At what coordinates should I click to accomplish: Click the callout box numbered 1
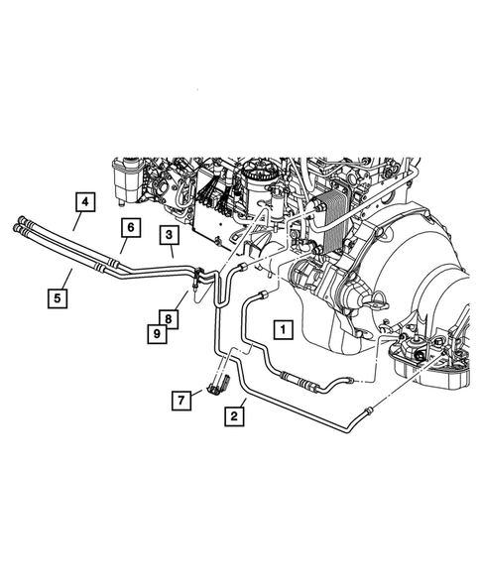pyautogui.click(x=283, y=328)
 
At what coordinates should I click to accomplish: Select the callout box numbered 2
pyautogui.click(x=234, y=416)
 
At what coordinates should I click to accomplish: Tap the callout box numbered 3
pyautogui.click(x=170, y=236)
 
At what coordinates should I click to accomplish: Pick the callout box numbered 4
pyautogui.click(x=86, y=203)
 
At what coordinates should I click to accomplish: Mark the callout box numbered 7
pyautogui.click(x=180, y=401)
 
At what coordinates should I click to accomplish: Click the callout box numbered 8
pyautogui.click(x=170, y=319)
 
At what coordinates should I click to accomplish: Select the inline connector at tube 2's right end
pyautogui.click(x=368, y=408)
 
